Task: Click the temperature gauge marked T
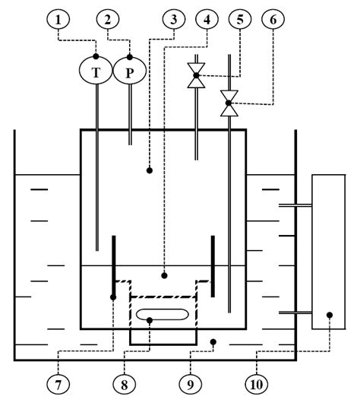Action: [96, 71]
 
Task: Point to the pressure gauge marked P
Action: [128, 71]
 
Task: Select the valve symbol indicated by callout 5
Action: [196, 75]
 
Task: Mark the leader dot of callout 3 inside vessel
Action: [150, 170]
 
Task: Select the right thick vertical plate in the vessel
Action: [212, 265]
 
